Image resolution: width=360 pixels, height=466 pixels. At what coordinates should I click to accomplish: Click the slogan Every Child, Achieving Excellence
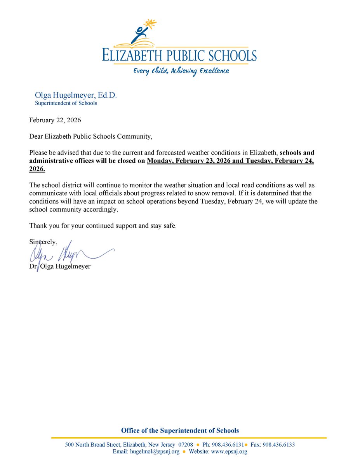(x=181, y=71)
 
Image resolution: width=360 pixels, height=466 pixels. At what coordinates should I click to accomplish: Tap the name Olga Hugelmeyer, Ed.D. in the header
(x=70, y=95)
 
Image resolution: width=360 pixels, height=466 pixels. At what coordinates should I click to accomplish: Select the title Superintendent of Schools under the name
(x=66, y=103)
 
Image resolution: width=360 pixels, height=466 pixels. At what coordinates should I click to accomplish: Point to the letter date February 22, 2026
(x=55, y=120)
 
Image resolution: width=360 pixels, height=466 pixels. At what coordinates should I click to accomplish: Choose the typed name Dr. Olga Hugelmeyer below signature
(x=60, y=267)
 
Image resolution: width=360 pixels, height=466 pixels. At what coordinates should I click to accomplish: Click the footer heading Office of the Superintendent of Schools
(x=180, y=430)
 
